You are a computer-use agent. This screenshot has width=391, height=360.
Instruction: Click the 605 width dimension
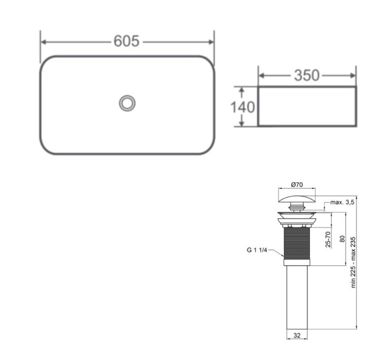click(126, 41)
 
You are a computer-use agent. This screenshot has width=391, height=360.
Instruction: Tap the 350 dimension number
click(307, 75)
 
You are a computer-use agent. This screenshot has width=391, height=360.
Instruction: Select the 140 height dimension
click(243, 107)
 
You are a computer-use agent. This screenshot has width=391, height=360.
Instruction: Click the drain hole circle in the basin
click(127, 103)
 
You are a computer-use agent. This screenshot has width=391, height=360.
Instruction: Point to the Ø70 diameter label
click(297, 185)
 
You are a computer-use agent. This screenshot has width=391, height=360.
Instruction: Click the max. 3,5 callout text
click(342, 202)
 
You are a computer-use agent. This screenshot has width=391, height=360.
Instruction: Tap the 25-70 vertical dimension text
click(328, 239)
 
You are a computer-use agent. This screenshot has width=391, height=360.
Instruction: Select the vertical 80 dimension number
click(342, 239)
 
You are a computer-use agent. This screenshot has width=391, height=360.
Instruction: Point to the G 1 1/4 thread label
click(257, 250)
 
